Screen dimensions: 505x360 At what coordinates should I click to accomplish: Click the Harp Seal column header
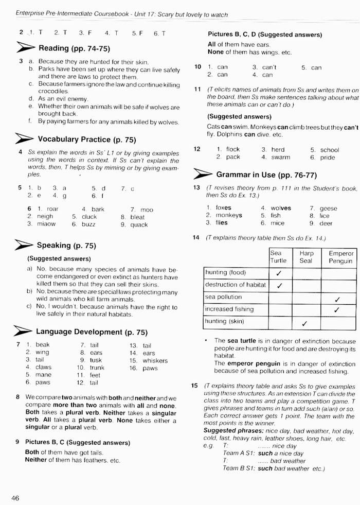(x=305, y=257)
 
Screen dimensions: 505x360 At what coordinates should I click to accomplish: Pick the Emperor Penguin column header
(x=341, y=257)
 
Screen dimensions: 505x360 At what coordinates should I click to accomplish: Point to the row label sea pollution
(x=223, y=297)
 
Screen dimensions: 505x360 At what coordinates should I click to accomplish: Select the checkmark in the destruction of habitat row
(x=279, y=285)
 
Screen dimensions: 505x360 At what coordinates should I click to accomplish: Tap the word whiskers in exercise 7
(x=155, y=360)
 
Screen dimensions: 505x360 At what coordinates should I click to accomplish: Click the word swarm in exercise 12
(x=280, y=157)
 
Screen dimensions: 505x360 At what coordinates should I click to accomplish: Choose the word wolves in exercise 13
(x=281, y=208)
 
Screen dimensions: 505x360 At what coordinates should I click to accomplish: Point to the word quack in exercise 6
(x=139, y=224)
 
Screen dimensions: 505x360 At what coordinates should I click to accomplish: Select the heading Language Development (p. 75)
(x=92, y=332)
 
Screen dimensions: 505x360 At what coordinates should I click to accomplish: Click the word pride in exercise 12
(x=327, y=157)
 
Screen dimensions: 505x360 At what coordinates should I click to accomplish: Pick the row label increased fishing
(x=229, y=309)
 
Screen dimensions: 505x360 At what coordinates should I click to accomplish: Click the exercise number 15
(x=195, y=385)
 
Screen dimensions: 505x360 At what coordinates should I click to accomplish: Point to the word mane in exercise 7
(x=43, y=375)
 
